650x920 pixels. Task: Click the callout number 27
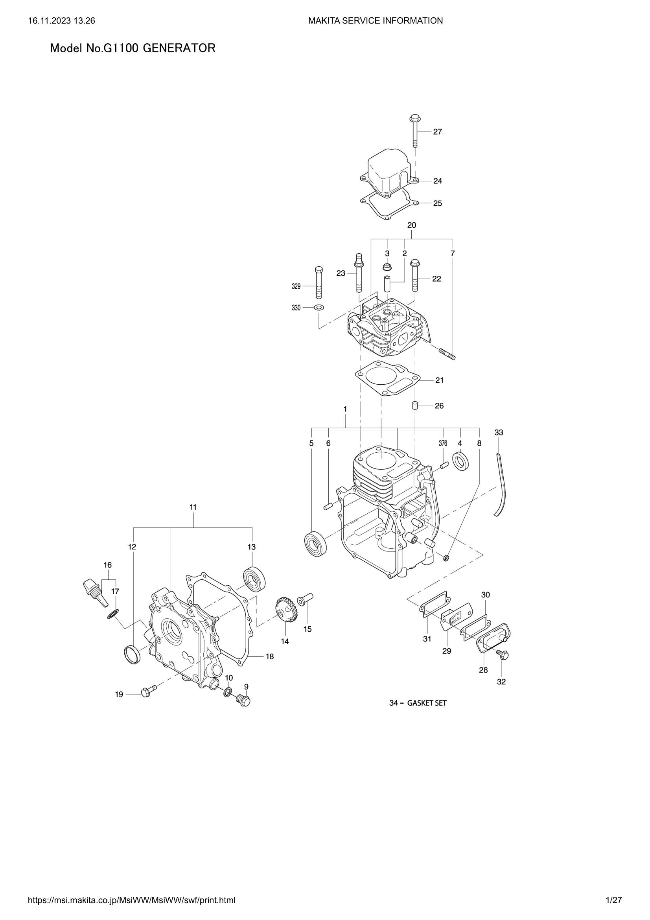click(x=437, y=132)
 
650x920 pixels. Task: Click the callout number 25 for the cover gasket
click(x=437, y=204)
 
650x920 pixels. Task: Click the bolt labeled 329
click(x=319, y=283)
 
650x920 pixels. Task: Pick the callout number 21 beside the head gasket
click(x=439, y=380)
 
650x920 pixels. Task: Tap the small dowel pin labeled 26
click(x=415, y=406)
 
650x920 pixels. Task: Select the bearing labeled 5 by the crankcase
click(x=316, y=542)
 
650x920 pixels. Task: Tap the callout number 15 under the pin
click(x=307, y=629)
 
